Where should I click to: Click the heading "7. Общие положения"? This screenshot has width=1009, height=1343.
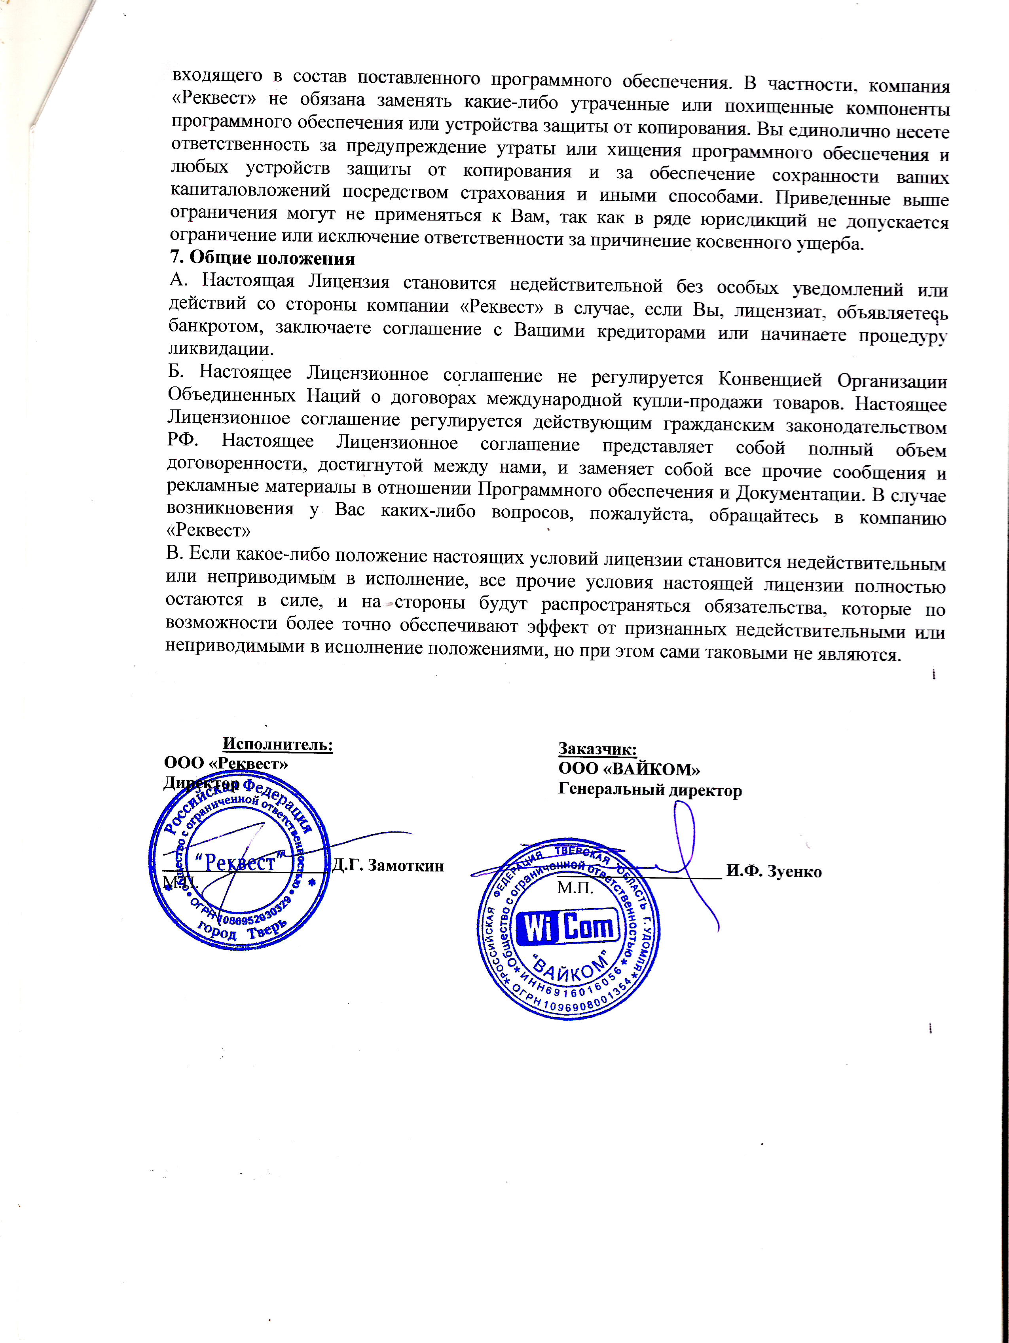tap(262, 258)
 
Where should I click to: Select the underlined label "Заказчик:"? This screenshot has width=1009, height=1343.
tap(597, 749)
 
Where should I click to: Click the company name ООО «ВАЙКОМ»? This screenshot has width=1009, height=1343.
tap(629, 769)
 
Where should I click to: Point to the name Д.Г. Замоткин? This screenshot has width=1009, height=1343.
tap(388, 866)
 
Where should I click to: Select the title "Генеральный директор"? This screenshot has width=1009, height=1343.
tap(650, 791)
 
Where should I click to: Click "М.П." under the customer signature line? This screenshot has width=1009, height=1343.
tap(575, 888)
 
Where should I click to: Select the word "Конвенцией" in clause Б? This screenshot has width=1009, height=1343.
tap(769, 379)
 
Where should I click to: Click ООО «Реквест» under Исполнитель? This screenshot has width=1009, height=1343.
tap(226, 763)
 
